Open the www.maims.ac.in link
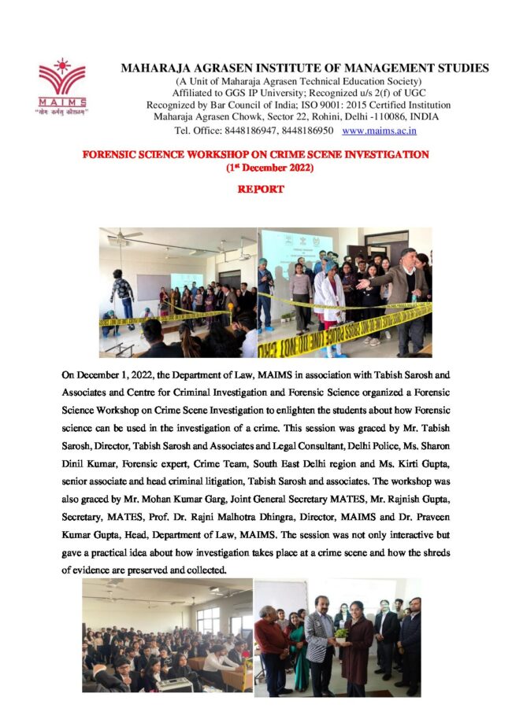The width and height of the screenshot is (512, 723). click(x=380, y=130)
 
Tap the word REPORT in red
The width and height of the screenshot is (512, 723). click(x=260, y=190)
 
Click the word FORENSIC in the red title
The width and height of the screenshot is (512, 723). click(x=111, y=155)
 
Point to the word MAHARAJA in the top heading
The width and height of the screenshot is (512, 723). click(x=154, y=68)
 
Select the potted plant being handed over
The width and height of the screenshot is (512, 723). click(x=342, y=633)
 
